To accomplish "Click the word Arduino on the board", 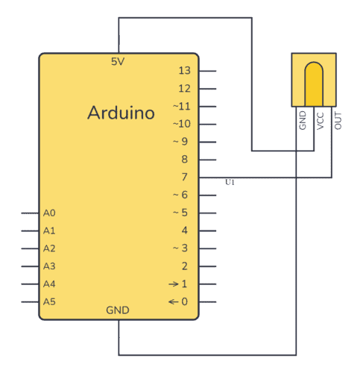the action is click(121, 113).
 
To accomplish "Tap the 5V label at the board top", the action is click(118, 61).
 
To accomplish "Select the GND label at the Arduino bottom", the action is click(118, 310).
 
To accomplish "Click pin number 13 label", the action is click(185, 71).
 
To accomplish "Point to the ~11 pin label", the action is click(182, 106).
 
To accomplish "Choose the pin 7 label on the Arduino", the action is click(184, 177).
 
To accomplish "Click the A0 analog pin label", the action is click(49, 213).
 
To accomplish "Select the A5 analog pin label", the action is click(49, 301).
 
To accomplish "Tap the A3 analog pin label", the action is click(49, 266).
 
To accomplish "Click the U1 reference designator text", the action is click(230, 182).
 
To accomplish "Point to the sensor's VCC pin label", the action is click(320, 121).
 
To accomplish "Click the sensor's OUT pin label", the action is click(338, 121).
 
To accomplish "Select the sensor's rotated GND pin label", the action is click(303, 120).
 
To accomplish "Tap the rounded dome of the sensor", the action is click(314, 84).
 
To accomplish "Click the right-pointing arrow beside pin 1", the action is click(174, 283).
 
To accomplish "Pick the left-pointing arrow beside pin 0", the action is click(174, 301).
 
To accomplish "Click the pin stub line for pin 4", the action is click(207, 231).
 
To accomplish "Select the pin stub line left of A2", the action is click(30, 248).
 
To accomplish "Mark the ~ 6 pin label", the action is click(180, 195).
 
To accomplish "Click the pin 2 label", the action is click(184, 266).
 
